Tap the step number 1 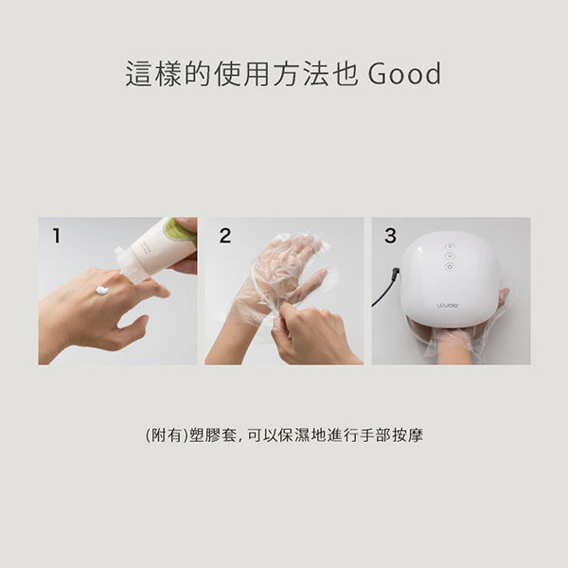click(x=56, y=237)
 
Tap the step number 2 click(x=224, y=237)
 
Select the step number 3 click(x=390, y=237)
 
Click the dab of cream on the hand click(x=102, y=289)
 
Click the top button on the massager click(x=450, y=245)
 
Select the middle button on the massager click(x=450, y=256)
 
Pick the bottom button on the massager click(x=450, y=266)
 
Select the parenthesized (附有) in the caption click(x=163, y=436)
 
